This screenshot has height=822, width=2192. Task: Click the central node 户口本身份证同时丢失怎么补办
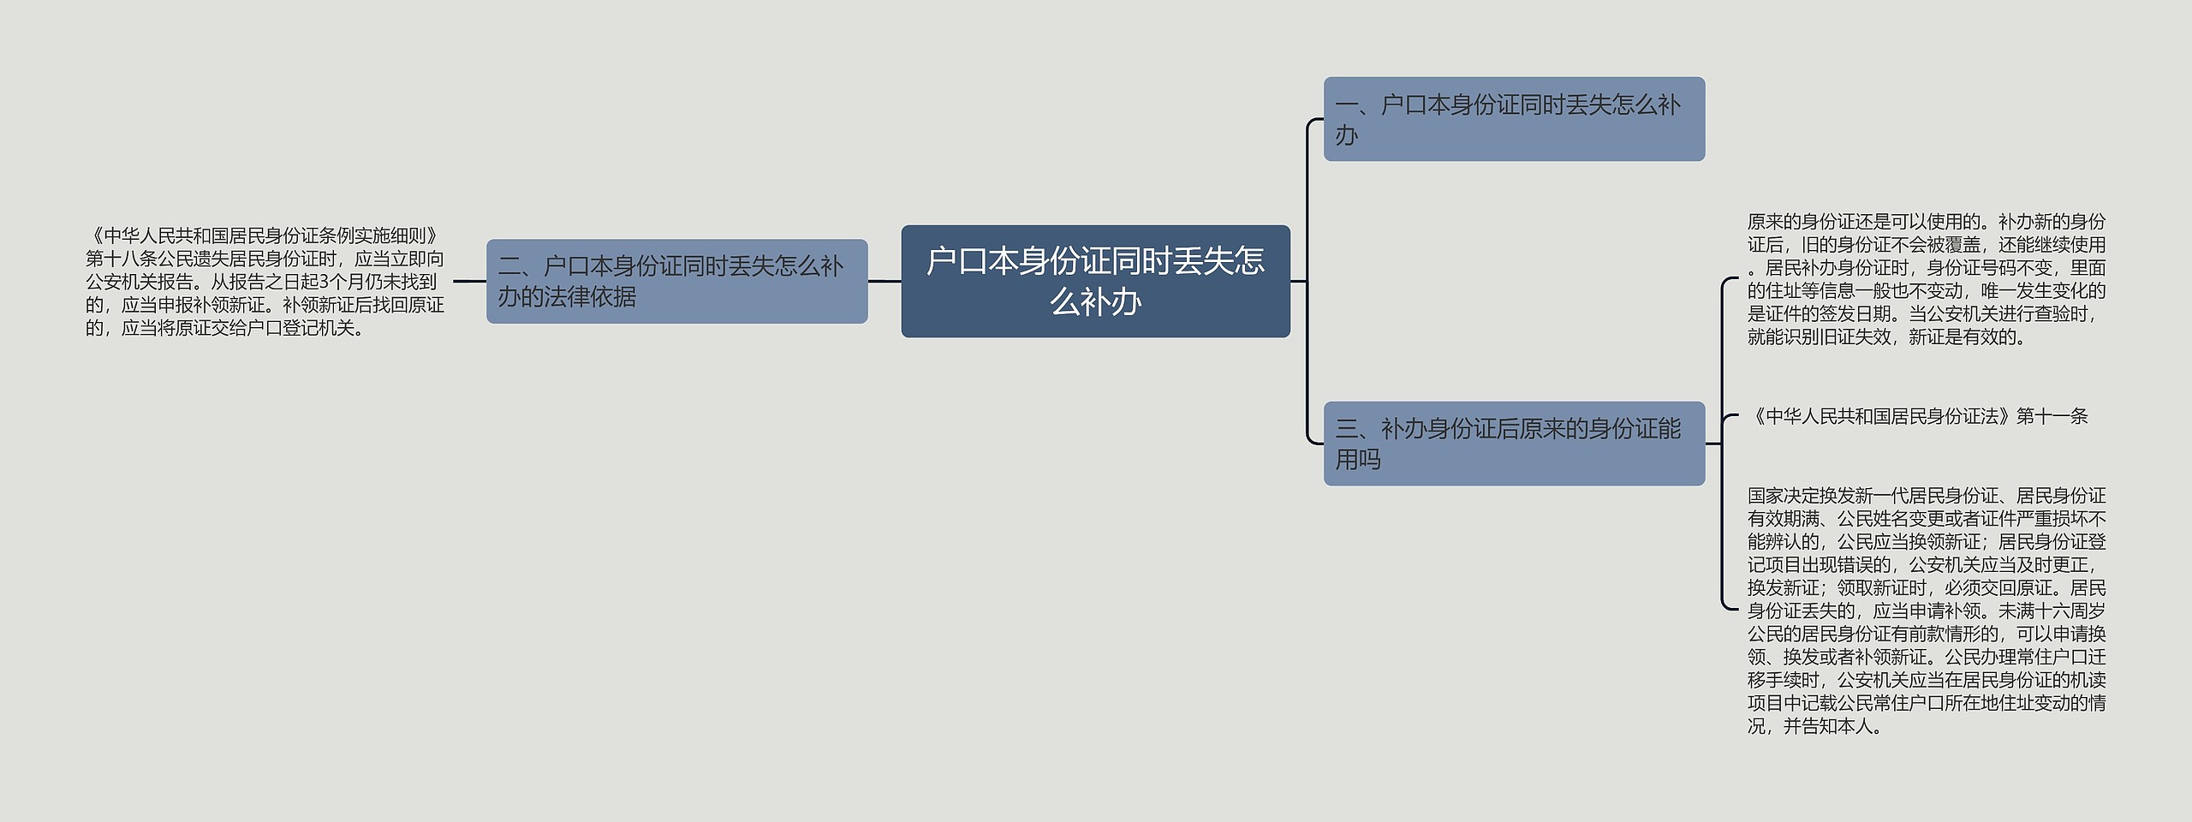pos(1095,281)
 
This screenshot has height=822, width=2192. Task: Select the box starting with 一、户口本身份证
pos(1514,119)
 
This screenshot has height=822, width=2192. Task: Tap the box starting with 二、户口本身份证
pos(676,281)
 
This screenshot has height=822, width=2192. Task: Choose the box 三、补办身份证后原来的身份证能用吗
pos(1514,444)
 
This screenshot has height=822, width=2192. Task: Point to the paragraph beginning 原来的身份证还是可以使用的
pos(1927,279)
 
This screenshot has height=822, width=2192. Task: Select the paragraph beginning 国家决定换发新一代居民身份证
pos(1927,611)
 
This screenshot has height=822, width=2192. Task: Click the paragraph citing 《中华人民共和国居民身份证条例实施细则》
pos(265,282)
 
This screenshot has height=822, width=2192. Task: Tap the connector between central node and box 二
pos(885,281)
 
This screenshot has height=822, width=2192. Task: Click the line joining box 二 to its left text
pos(469,281)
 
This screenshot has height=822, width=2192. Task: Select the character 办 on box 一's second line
pos(1347,135)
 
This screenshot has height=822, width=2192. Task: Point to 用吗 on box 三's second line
pos(1358,460)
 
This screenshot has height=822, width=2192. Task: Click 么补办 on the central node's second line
pos(1095,302)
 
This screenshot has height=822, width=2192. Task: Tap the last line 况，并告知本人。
pos(1816,727)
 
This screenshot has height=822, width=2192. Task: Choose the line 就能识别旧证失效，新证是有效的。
pos(1887,337)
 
